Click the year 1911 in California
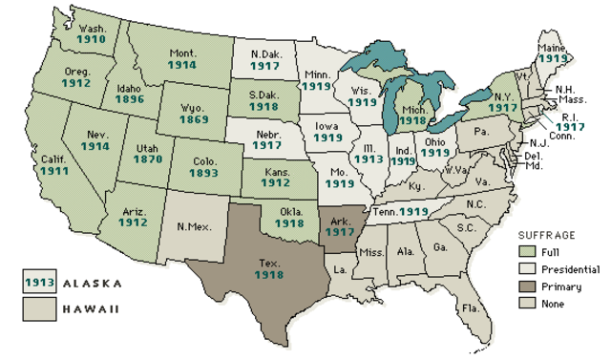point(53,173)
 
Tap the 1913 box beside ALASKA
point(38,283)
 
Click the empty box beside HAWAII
point(38,307)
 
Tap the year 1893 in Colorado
point(202,175)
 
